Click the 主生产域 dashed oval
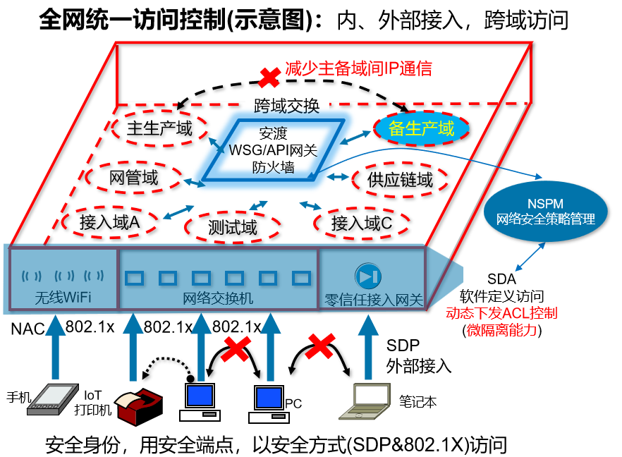160,128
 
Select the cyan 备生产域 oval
421,128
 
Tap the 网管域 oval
134,178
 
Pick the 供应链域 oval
400,180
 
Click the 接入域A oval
110,223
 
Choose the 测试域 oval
233,227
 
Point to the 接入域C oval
361,223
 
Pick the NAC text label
28,329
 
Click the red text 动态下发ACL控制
501,313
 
